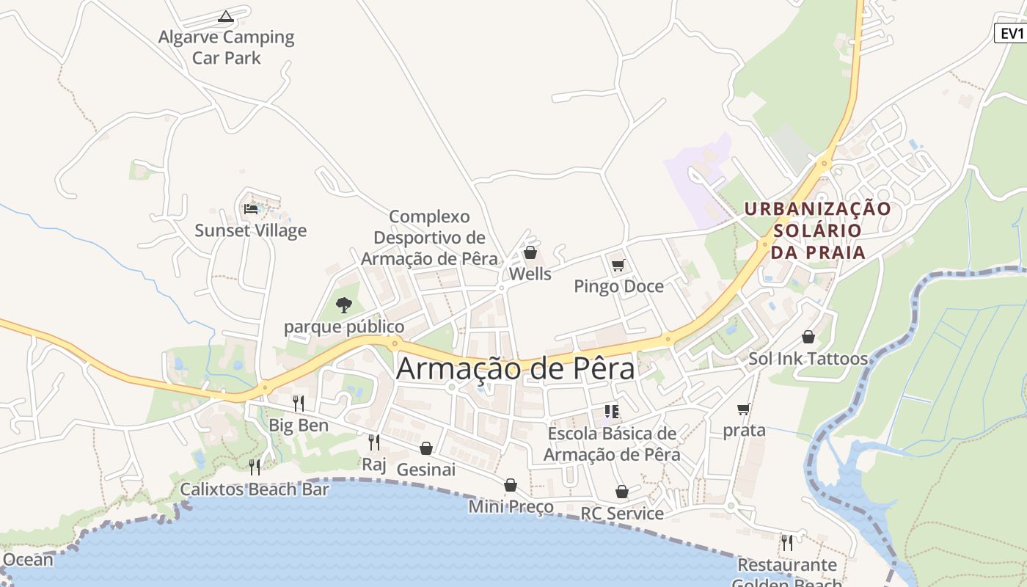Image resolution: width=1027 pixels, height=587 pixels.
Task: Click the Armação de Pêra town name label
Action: [515, 368]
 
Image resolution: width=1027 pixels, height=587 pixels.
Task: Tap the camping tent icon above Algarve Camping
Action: [226, 16]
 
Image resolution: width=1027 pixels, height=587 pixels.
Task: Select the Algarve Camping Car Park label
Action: [226, 47]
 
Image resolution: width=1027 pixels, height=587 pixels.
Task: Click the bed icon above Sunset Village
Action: [251, 209]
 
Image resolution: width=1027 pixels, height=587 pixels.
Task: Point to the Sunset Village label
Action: [250, 230]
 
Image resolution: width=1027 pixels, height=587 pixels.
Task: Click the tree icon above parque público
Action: [343, 305]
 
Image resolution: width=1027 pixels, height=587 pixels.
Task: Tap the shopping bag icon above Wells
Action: [530, 253]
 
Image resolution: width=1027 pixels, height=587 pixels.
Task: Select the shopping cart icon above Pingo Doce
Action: [618, 265]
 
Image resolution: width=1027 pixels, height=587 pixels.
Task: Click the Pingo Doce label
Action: [618, 286]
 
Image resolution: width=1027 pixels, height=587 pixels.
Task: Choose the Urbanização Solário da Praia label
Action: [817, 230]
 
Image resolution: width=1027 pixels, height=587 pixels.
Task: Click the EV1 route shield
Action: [1011, 33]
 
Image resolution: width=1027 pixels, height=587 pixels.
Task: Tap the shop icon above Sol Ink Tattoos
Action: [808, 337]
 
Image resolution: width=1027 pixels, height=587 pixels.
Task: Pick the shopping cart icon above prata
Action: [744, 409]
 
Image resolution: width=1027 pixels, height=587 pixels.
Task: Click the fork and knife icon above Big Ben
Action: [299, 403]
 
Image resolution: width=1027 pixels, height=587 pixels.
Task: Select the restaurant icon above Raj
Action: [374, 442]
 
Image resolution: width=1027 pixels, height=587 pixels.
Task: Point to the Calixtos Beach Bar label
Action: [255, 489]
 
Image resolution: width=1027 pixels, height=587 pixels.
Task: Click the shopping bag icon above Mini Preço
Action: [511, 485]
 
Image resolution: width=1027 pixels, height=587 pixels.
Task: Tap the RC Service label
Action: [622, 513]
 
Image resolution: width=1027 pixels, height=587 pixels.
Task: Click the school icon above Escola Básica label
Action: [612, 412]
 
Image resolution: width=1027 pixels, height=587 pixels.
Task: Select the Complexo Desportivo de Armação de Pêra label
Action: [429, 238]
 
